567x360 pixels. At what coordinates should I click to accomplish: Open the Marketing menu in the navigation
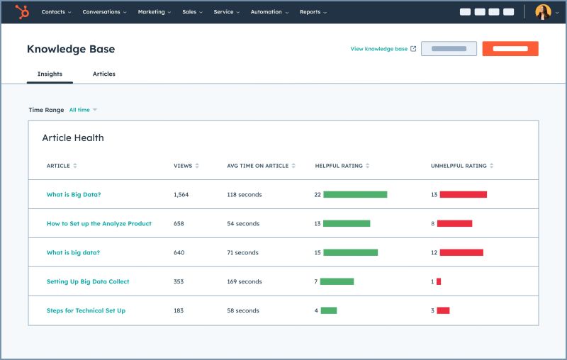pos(154,12)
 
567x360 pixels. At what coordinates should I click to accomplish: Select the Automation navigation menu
pos(269,12)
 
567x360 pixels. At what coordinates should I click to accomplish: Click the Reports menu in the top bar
pos(313,12)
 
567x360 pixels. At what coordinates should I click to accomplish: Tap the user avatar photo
pos(543,12)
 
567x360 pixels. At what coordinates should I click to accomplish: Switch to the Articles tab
pos(103,74)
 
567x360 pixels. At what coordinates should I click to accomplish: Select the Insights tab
pos(50,74)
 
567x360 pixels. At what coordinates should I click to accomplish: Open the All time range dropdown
pos(83,110)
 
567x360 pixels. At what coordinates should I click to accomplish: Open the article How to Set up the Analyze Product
pos(99,224)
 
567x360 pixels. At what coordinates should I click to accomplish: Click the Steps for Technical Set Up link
pos(86,310)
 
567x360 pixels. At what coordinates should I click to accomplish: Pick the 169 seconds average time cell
pos(245,281)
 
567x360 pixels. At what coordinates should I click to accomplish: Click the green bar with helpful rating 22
pos(355,194)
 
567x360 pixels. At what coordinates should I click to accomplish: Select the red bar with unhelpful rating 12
pos(461,252)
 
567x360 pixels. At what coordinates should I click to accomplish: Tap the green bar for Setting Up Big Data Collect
pos(337,281)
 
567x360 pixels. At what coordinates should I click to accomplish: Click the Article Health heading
pos(73,138)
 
